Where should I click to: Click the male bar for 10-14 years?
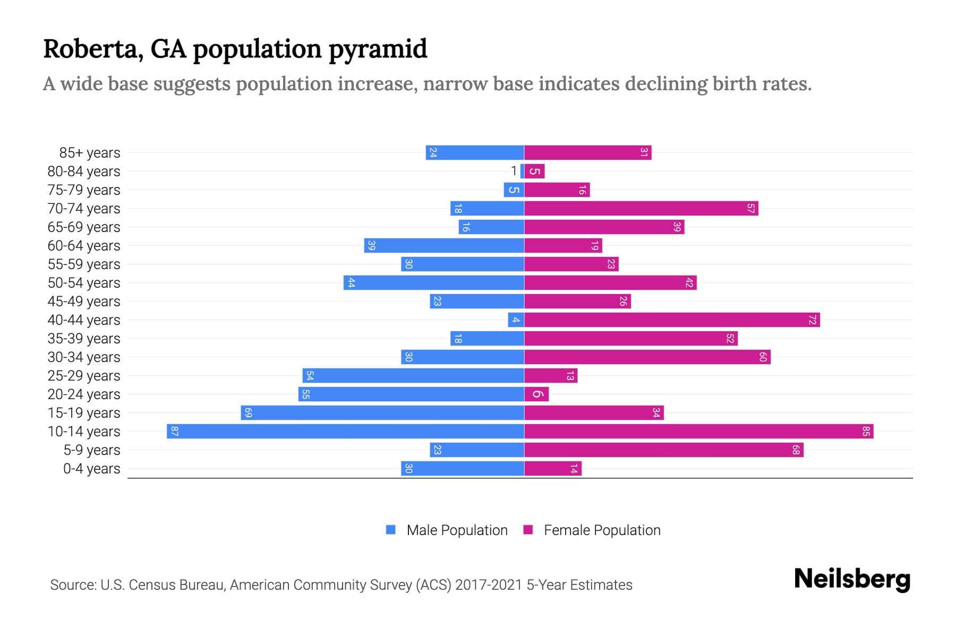(345, 431)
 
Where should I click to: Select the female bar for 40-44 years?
(672, 320)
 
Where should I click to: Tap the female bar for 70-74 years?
(641, 208)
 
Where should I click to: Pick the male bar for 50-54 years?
(434, 282)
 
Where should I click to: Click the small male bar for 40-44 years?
(516, 320)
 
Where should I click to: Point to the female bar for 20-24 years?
(536, 394)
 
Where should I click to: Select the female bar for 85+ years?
(587, 152)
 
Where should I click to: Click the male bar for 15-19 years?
(382, 412)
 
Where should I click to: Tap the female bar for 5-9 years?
(664, 450)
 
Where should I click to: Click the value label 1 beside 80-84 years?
(514, 171)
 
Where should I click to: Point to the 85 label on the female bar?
(866, 431)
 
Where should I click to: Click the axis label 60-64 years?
(84, 246)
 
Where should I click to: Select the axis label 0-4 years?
(91, 469)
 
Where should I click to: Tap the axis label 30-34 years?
(84, 357)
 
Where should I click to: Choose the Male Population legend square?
(391, 530)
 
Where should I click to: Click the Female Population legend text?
(602, 530)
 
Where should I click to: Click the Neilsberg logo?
(852, 579)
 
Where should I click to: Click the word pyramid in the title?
(378, 49)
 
